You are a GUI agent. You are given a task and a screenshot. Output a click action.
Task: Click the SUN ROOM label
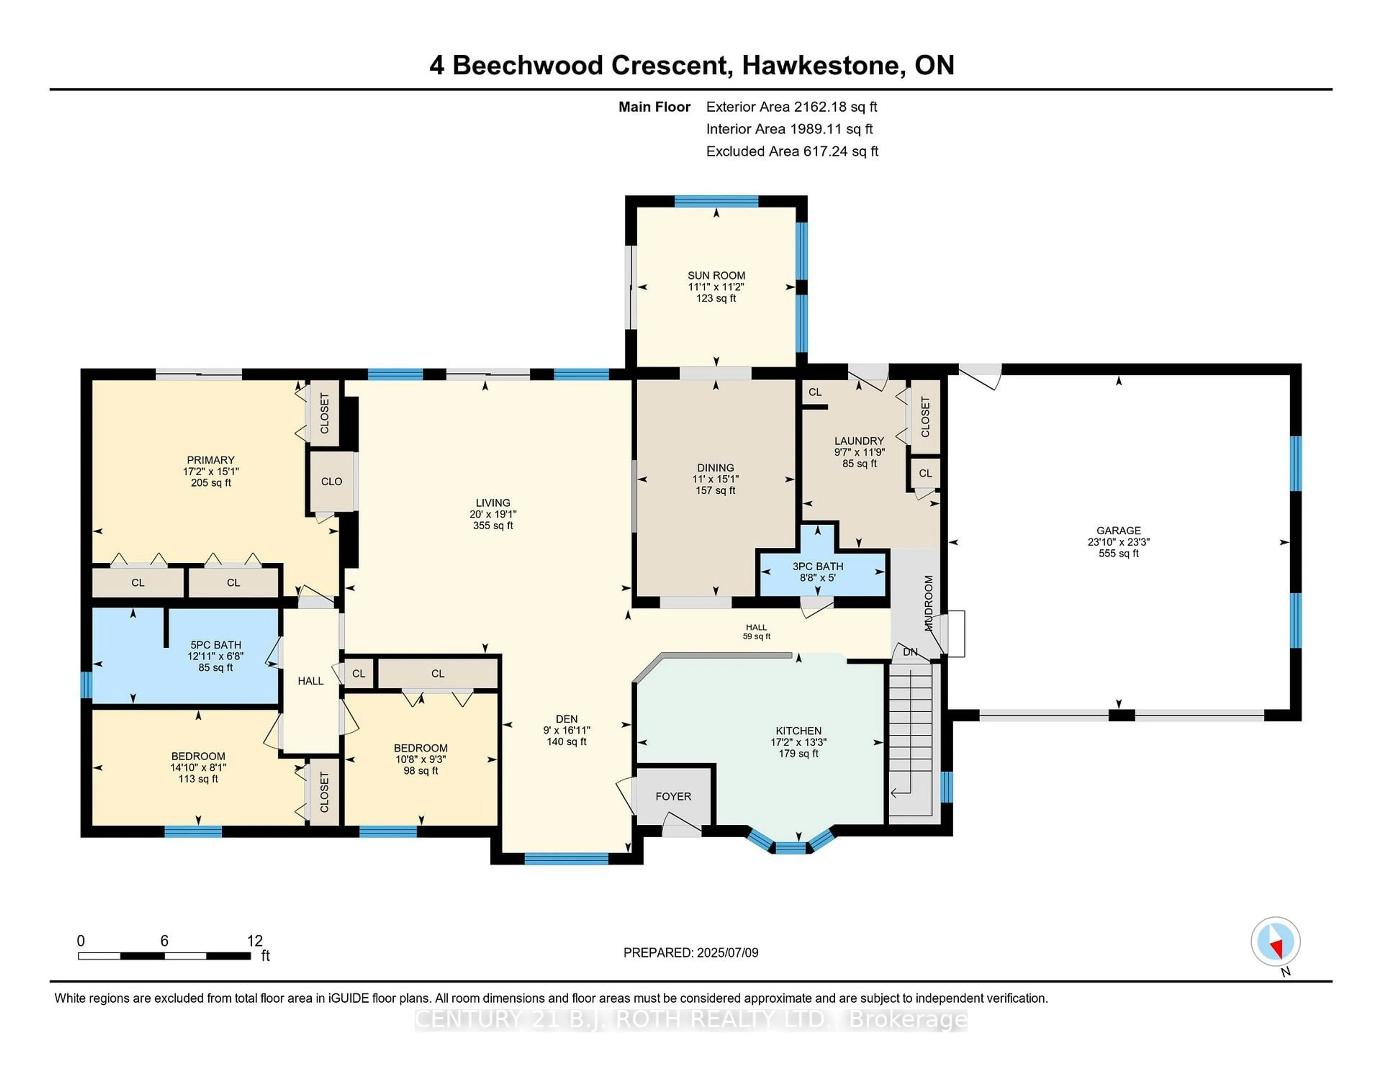click(x=716, y=275)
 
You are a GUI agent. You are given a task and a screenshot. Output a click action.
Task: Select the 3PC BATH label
click(x=818, y=566)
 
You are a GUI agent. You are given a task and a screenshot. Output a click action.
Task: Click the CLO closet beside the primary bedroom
click(x=331, y=481)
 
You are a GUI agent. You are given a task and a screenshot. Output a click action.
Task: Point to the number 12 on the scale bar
click(x=254, y=941)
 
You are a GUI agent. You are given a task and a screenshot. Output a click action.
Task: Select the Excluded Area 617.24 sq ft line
click(x=792, y=151)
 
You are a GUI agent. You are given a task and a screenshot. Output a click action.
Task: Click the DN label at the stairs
click(x=909, y=652)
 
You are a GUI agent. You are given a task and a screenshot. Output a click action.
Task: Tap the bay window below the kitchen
click(x=790, y=847)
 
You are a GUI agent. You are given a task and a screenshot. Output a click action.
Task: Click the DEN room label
click(x=566, y=719)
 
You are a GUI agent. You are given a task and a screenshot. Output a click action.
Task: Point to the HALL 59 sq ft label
click(x=756, y=632)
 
